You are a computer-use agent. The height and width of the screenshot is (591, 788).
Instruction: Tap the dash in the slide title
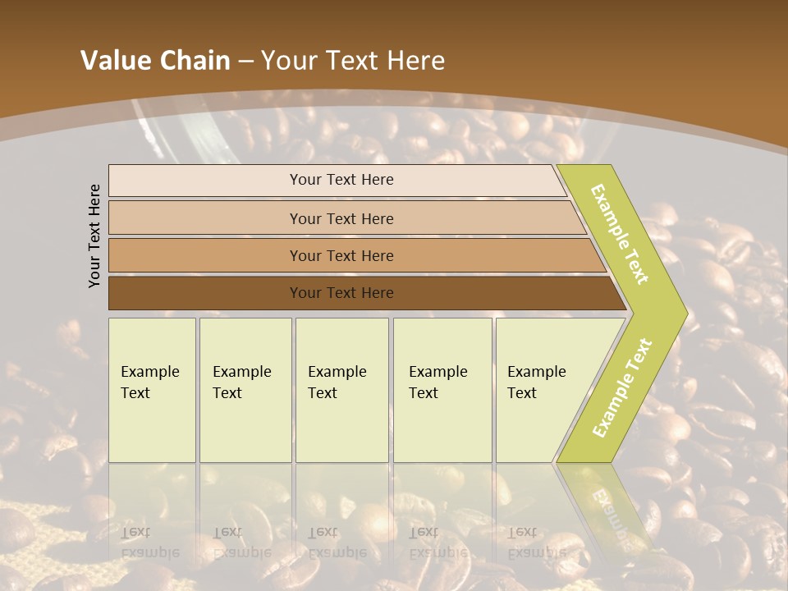[245, 62]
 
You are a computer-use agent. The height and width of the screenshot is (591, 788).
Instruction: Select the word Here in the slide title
[415, 61]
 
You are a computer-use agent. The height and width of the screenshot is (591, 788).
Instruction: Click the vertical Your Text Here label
[94, 236]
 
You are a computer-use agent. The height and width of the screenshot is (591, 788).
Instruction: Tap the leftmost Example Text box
[152, 390]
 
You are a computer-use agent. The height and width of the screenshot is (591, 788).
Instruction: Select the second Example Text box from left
[245, 390]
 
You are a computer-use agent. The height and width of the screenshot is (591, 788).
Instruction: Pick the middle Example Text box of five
[341, 390]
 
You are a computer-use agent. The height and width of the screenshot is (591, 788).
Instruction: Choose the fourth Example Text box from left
[442, 390]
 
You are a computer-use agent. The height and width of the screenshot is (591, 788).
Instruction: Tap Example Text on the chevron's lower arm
[621, 388]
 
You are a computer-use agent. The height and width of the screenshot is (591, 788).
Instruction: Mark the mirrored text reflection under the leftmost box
[150, 542]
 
